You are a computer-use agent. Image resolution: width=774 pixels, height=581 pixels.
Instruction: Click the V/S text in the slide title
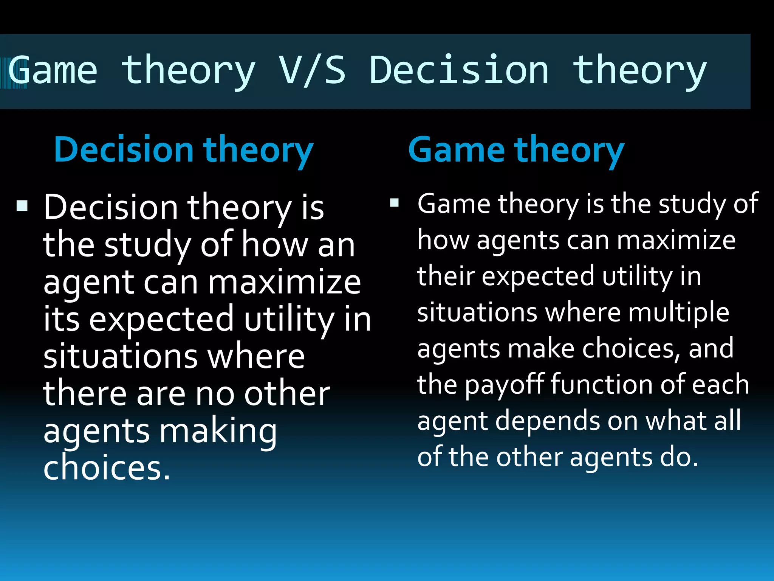[x=312, y=70]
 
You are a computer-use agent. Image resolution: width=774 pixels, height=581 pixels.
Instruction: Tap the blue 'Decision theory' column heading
[x=184, y=150]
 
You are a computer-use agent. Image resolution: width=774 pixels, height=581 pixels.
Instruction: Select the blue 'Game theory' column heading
[x=516, y=150]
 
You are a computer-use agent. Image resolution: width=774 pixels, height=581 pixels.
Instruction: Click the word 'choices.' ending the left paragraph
[x=107, y=468]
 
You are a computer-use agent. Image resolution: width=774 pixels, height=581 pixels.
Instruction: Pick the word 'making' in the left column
[x=218, y=431]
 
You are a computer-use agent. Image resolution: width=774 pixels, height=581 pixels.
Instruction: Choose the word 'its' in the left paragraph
[x=61, y=319]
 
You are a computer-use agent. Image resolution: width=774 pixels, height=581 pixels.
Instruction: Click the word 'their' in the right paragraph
[x=446, y=276]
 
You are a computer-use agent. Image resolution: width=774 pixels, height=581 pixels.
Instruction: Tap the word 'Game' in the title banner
[x=53, y=70]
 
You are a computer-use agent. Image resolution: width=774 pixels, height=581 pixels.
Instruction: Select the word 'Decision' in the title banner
[x=459, y=70]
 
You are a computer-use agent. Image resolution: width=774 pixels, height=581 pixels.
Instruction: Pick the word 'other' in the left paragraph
[x=287, y=394]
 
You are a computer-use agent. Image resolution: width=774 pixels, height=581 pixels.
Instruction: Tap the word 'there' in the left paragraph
[x=85, y=394]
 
